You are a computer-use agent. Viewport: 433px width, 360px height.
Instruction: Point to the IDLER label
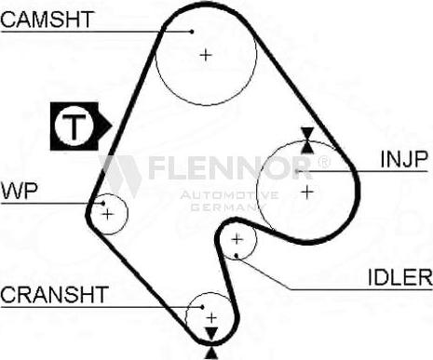(x=399, y=276)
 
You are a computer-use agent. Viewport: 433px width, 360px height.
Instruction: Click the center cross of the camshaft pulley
(x=206, y=55)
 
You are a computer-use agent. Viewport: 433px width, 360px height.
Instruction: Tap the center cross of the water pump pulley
(x=109, y=214)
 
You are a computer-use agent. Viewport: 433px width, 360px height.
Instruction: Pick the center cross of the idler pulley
(x=237, y=240)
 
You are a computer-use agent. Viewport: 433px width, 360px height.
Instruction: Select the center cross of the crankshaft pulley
(x=210, y=316)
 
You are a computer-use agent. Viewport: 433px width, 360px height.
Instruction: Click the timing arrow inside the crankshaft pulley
(x=211, y=332)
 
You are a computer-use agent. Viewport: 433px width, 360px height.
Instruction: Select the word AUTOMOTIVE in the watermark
(x=228, y=195)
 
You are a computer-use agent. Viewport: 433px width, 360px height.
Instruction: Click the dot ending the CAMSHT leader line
(x=193, y=30)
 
